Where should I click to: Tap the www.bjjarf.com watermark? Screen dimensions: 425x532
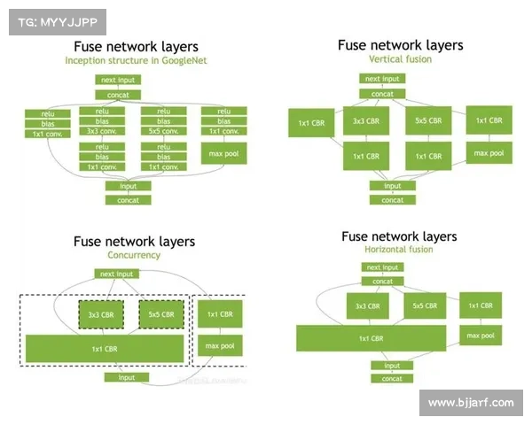(471, 403)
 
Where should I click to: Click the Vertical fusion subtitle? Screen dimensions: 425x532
(400, 58)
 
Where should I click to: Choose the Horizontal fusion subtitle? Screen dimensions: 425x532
(399, 250)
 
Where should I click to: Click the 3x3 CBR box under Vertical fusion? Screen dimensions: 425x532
(366, 120)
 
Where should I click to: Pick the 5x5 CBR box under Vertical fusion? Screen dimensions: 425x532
(428, 120)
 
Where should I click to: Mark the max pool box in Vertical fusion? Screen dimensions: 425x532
(489, 153)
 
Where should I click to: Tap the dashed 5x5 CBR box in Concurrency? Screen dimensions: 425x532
(160, 314)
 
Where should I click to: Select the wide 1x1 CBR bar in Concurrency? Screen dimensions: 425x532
(105, 349)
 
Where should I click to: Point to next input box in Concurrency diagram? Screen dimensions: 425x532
(117, 274)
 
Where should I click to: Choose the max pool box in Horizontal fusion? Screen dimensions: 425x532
(480, 336)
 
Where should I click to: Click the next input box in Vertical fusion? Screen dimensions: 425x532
(382, 79)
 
